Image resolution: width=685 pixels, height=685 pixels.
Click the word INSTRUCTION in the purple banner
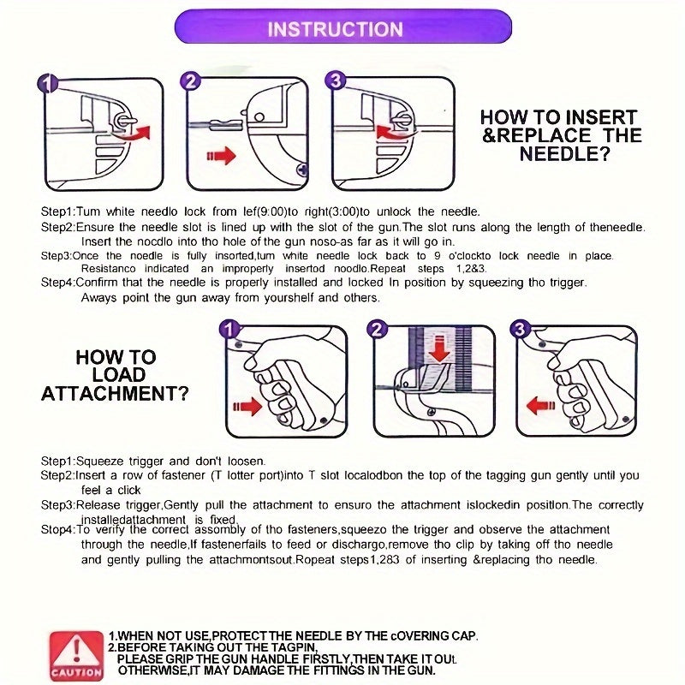(335, 29)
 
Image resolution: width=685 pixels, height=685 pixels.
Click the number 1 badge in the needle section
(48, 83)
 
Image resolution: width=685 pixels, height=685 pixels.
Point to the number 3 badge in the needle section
(336, 80)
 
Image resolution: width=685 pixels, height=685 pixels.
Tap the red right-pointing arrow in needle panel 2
(221, 156)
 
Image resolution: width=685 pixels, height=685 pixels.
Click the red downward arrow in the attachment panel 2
(439, 348)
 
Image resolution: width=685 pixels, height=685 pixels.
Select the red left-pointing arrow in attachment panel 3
(541, 405)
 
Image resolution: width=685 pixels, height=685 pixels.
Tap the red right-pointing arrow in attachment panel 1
(247, 406)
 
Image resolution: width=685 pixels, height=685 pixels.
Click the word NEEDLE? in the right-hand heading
(564, 154)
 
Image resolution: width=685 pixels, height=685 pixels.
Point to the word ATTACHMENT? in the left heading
(115, 394)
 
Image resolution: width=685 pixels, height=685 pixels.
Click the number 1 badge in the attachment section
(229, 330)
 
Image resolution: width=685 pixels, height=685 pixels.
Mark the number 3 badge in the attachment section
(520, 329)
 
